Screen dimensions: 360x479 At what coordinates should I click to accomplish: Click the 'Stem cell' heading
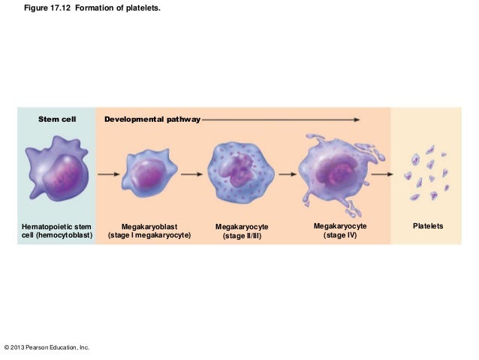tap(58, 119)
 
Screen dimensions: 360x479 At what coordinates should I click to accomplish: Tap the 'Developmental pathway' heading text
tap(152, 119)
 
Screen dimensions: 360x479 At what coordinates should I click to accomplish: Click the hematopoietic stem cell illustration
tap(57, 173)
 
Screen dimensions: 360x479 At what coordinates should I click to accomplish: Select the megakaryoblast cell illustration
tap(149, 174)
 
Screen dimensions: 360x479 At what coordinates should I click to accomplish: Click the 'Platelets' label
tap(428, 226)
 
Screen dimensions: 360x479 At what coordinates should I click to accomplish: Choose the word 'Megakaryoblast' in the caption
tap(149, 226)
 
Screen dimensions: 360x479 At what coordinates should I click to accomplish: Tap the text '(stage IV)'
tap(340, 235)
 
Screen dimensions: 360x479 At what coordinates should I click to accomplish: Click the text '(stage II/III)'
tap(242, 236)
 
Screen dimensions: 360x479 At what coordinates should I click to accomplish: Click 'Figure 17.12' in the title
tap(59, 8)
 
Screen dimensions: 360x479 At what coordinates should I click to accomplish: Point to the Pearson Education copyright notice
tap(47, 347)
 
